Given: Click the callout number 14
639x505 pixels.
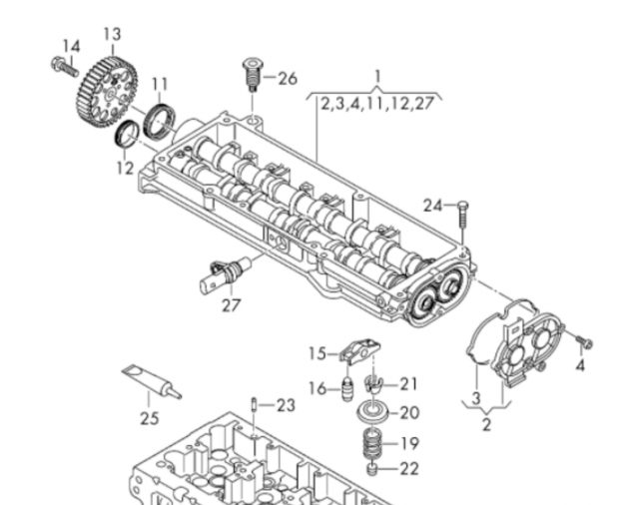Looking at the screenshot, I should tap(70, 46).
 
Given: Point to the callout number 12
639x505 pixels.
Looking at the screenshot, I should tap(123, 169).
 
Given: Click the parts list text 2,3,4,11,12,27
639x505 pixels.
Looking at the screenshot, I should tap(377, 102).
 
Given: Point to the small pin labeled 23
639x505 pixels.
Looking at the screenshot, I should tap(256, 404).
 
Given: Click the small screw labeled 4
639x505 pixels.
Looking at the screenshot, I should tap(585, 342).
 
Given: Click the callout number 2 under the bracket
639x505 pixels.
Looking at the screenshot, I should tap(486, 426).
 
